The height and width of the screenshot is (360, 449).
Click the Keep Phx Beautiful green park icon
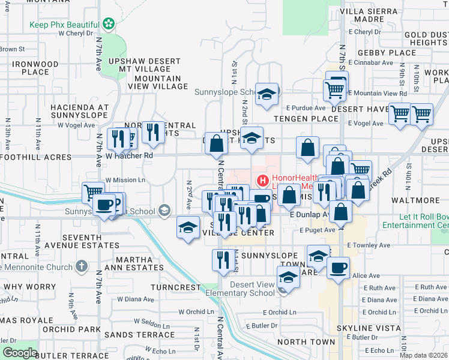[109, 24]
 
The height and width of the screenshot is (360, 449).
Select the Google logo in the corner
[20, 353]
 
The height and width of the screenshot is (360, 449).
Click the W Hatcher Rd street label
[129, 156]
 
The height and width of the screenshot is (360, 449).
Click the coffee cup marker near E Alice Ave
[338, 266]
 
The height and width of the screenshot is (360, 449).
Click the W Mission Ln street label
[125, 179]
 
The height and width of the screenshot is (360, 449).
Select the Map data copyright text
[423, 355]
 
